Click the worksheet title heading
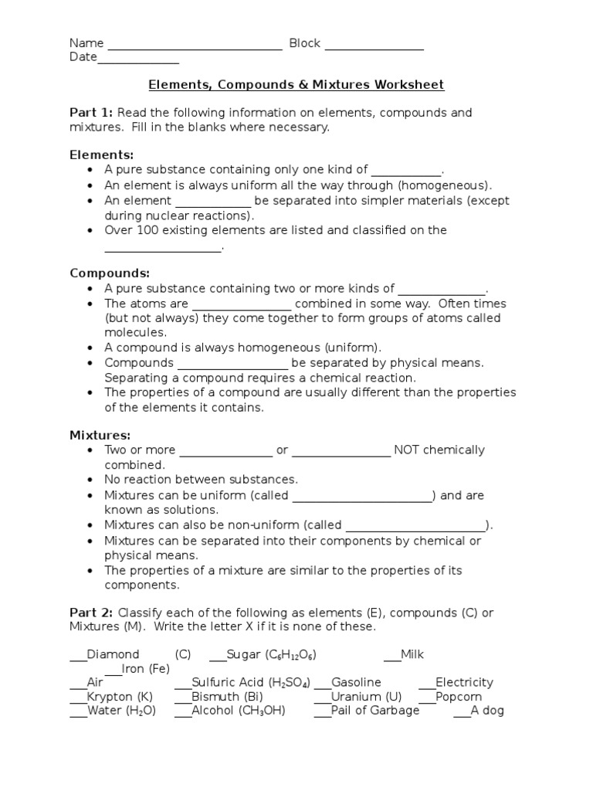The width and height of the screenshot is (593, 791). (296, 84)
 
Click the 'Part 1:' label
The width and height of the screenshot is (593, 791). (91, 113)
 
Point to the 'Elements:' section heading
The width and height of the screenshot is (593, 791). (101, 154)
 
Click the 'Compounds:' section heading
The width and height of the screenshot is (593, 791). (110, 273)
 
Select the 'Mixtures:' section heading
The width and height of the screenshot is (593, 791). (100, 436)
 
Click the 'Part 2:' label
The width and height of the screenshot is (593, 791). (91, 613)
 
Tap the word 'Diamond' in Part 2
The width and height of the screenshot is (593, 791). (114, 654)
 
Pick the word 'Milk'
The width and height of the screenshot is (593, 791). (412, 654)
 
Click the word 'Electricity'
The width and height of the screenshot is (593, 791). (464, 682)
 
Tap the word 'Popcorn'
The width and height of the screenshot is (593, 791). (459, 696)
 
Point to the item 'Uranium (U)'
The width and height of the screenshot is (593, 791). (366, 696)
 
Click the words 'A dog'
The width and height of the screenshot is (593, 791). (487, 710)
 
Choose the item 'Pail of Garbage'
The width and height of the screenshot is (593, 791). (375, 710)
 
